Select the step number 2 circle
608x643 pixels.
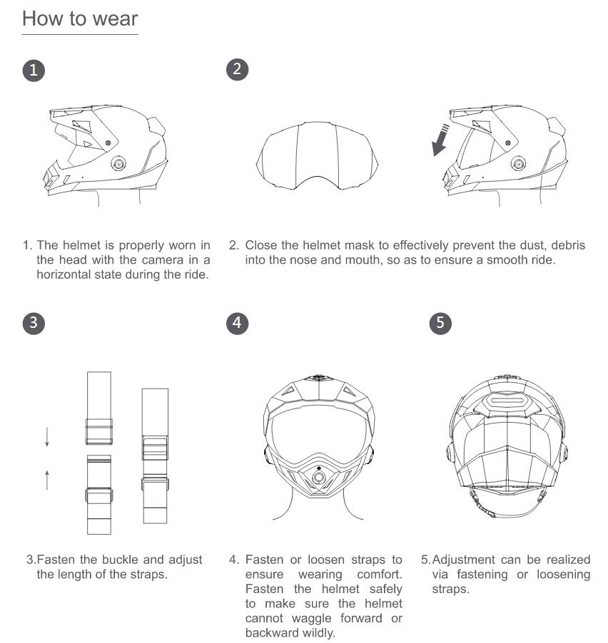[237, 69]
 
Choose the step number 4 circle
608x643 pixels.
[237, 322]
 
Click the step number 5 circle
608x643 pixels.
[440, 322]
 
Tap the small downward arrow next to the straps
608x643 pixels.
[47, 437]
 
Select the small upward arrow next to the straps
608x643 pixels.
[47, 479]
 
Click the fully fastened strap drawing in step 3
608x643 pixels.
[155, 456]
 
